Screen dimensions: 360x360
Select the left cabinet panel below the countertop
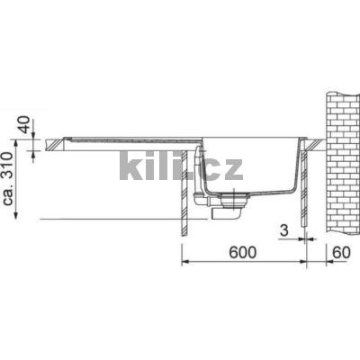(186, 193)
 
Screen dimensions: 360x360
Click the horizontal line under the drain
(108, 220)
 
